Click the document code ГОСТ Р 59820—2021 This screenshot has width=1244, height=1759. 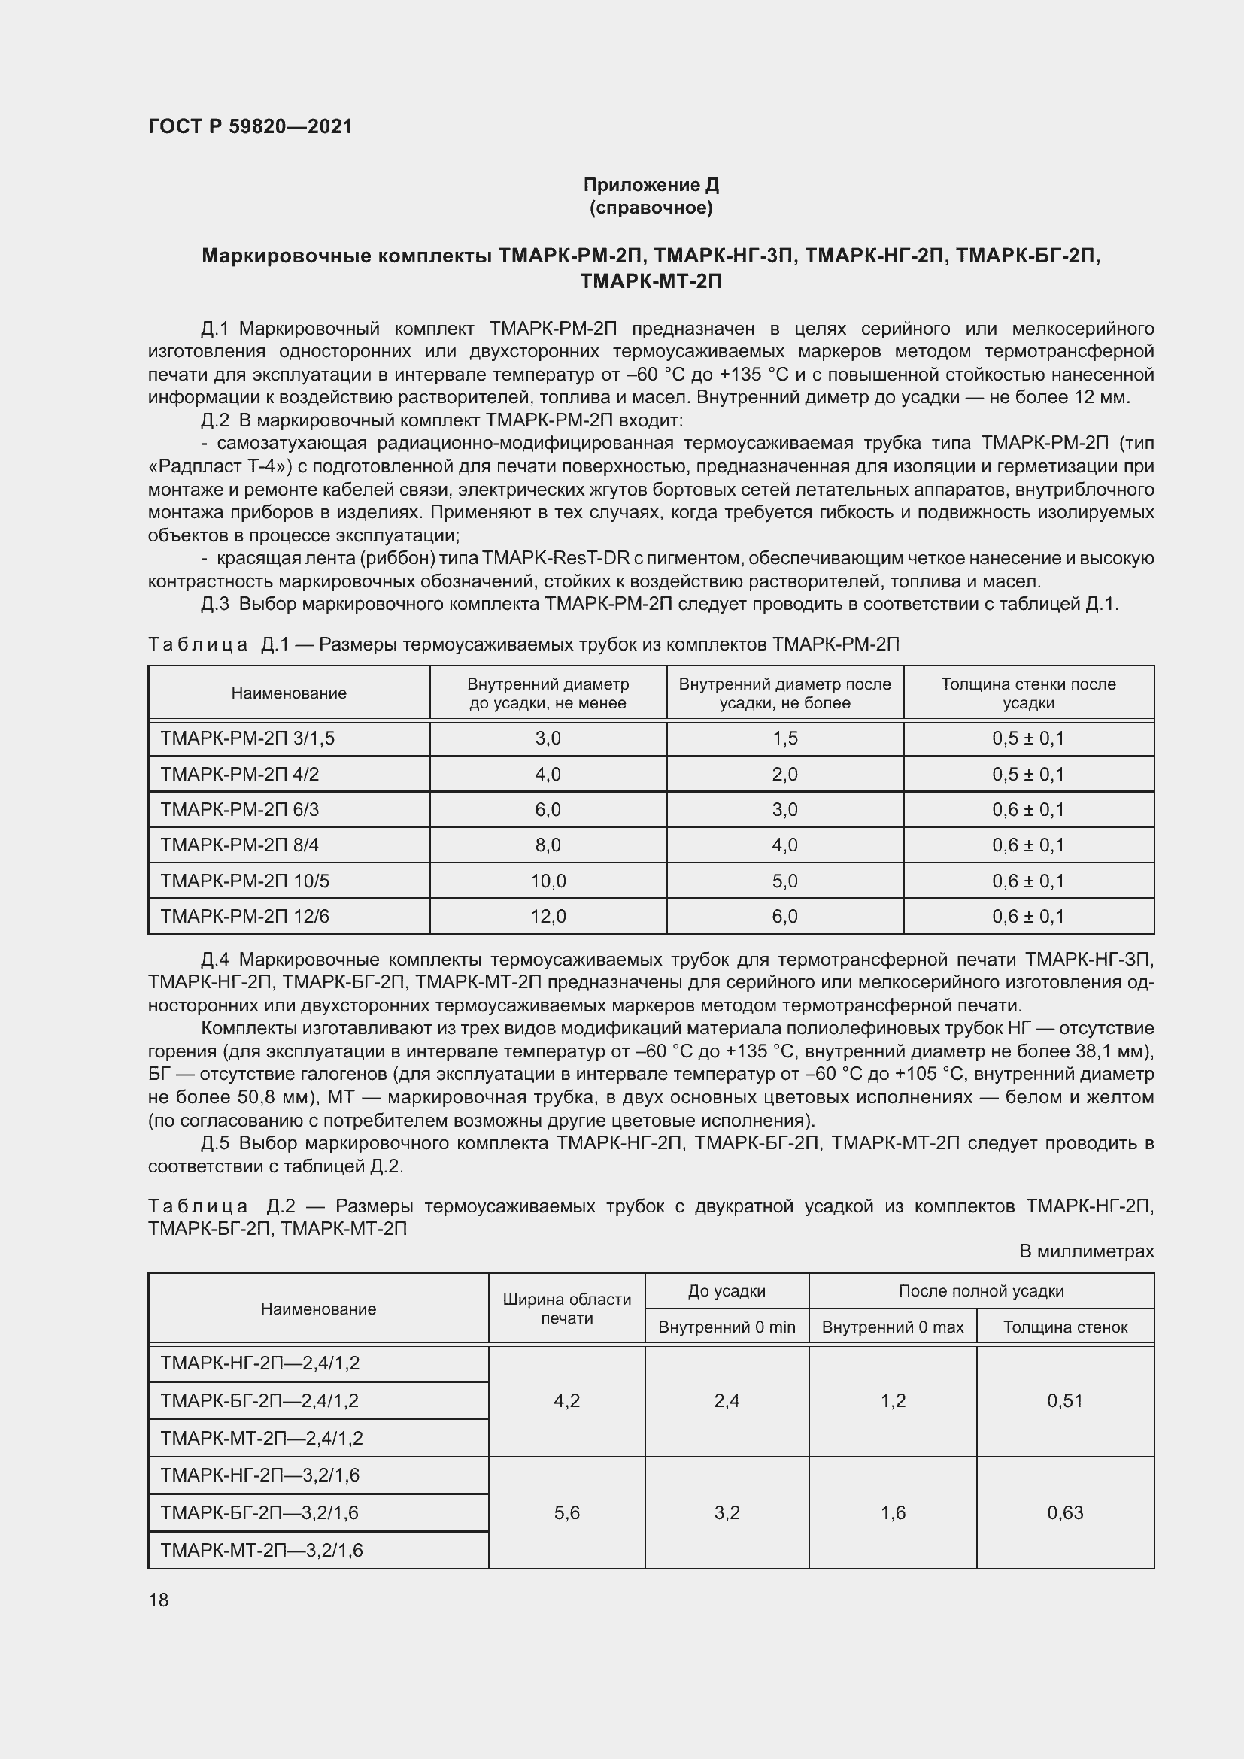[250, 126]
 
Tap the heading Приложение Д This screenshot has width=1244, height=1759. [651, 185]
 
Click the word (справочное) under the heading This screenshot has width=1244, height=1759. [651, 208]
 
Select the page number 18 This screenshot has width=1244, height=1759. [159, 1600]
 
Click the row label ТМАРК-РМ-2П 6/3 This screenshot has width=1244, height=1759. [240, 809]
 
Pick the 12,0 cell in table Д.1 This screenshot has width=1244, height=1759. [548, 916]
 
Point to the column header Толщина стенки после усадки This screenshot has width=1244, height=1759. [1028, 693]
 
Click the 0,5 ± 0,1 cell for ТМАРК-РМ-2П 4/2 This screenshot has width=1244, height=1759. [1028, 774]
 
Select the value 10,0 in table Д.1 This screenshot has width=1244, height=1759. [548, 881]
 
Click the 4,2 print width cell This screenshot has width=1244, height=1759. [567, 1400]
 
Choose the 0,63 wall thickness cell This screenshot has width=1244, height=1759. [1065, 1512]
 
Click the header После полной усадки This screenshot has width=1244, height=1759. [981, 1291]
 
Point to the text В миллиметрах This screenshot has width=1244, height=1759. [1086, 1251]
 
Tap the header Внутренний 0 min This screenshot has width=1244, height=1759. [727, 1327]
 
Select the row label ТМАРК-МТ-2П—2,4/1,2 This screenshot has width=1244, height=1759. [261, 1438]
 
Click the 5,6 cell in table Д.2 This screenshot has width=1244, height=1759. [567, 1512]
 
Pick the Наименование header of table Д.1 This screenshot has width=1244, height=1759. [289, 693]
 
